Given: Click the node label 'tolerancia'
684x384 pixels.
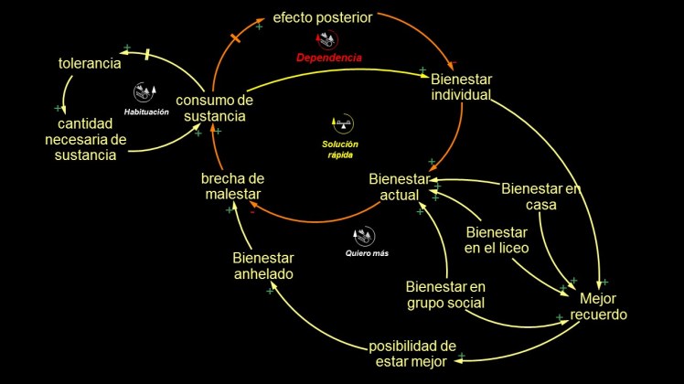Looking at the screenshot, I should coord(90,64).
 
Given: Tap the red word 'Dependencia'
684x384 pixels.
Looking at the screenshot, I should coord(329,58).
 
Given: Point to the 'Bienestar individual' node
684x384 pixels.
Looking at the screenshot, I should coord(461,87).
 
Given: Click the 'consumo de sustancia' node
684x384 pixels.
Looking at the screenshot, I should coord(214,108).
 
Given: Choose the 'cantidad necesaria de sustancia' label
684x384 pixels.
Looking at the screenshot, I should coord(87,139).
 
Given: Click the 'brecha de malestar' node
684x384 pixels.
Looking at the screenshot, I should coord(232,187).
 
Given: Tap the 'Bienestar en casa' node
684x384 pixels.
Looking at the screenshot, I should coord(541,197).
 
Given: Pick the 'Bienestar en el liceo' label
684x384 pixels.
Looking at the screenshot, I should coord(497,240).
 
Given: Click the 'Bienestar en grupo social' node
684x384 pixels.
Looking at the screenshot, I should coord(445,294).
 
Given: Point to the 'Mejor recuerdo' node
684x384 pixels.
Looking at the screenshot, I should coord(599,306).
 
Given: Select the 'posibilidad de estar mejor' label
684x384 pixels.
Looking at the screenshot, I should coord(411,354).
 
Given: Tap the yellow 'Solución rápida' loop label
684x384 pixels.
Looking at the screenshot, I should coord(340,149).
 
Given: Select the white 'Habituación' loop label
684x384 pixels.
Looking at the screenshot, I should coord(146,112).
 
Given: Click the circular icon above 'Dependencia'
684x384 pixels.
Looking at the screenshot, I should coord(326,39).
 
